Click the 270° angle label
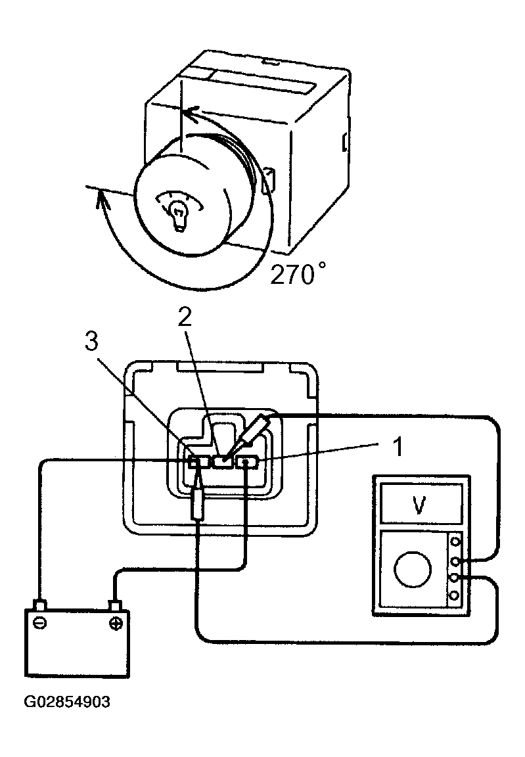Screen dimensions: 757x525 [x=297, y=274]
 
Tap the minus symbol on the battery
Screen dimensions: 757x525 [x=40, y=622]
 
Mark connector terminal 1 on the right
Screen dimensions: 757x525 [x=246, y=463]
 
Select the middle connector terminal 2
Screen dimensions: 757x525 [x=223, y=461]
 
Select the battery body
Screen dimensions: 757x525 [x=77, y=642]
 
